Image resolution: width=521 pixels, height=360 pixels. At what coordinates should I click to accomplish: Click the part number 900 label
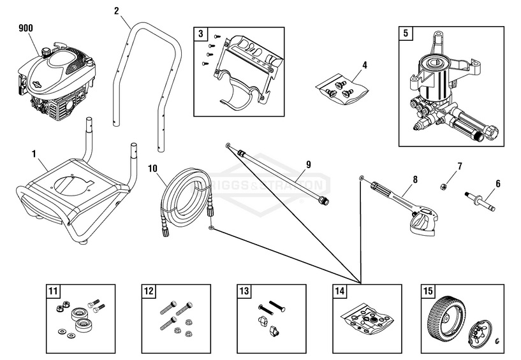click(26, 27)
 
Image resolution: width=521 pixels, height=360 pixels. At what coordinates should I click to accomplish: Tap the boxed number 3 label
click(201, 33)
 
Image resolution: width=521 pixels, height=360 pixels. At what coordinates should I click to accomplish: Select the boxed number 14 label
click(340, 291)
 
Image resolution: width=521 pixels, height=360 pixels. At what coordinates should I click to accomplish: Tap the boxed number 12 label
click(149, 291)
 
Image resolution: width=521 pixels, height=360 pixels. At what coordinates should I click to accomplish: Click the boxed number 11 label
click(53, 291)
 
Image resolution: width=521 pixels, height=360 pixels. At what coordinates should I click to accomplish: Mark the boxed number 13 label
click(244, 291)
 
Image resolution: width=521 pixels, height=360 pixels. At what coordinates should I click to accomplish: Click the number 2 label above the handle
click(116, 10)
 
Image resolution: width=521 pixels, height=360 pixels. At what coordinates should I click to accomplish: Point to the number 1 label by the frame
click(34, 154)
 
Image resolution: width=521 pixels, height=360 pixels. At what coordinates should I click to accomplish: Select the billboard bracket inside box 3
click(246, 70)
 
